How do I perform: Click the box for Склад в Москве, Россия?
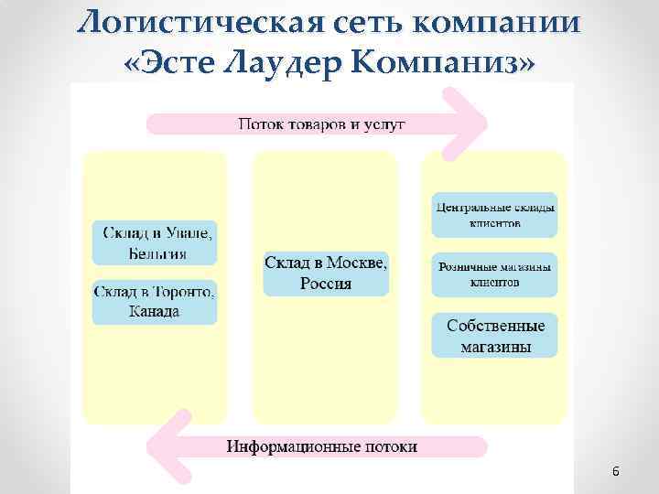coord(326,274)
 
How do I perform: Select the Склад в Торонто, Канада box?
coord(155,302)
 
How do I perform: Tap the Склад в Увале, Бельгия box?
coord(155,242)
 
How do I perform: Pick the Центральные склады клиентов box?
coord(494,214)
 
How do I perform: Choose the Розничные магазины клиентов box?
coord(494,274)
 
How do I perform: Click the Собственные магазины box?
coord(494,336)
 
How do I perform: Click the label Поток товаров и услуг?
coord(322,123)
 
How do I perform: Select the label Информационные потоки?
coord(322,447)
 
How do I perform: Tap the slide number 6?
coord(615,472)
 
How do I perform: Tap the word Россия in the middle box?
coord(326,284)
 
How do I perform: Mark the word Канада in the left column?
coord(155,312)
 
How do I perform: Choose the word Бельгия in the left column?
coord(155,252)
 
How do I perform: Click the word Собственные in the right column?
coord(495,326)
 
